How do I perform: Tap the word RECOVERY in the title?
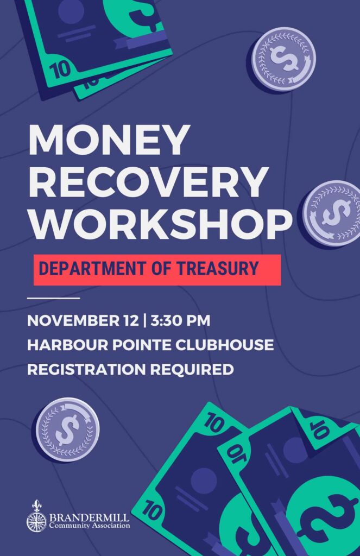click(148, 182)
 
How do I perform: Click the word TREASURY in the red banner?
click(218, 268)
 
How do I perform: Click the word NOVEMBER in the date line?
click(73, 320)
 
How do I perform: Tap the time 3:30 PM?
click(180, 320)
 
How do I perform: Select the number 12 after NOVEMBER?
click(131, 320)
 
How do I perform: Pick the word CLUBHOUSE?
click(225, 345)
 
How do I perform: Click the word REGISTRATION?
click(86, 369)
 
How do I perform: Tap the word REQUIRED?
click(192, 369)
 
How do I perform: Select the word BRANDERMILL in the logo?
click(90, 517)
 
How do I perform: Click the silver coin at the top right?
click(283, 59)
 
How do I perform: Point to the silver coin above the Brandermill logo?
click(67, 429)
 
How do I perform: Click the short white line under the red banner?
click(54, 298)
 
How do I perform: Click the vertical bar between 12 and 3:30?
click(144, 320)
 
